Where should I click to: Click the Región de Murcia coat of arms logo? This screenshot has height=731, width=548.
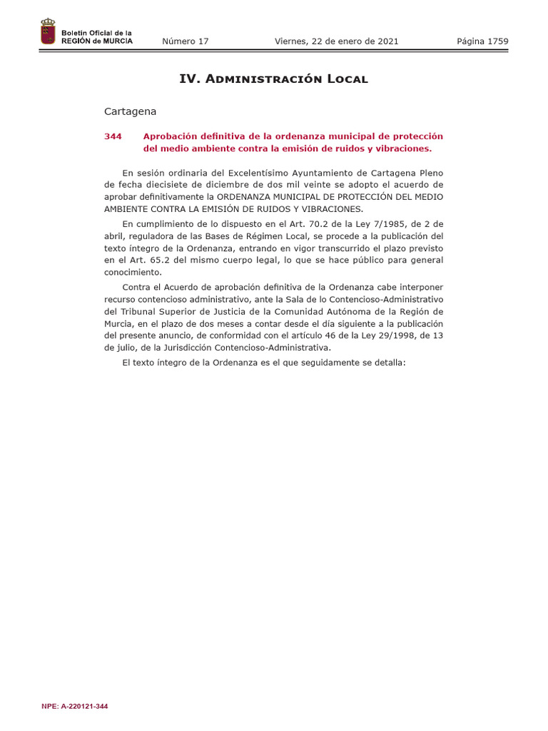(x=48, y=32)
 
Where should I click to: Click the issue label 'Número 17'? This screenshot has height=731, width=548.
(x=186, y=41)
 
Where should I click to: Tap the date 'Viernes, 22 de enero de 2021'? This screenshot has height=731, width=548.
(x=337, y=41)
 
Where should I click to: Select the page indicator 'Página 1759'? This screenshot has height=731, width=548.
(x=482, y=41)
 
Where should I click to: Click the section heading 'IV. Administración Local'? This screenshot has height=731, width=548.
(x=273, y=79)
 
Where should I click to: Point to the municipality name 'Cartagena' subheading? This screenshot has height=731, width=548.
(x=130, y=111)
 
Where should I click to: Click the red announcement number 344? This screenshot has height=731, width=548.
(x=113, y=136)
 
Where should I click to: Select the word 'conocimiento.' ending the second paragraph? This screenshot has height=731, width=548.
(x=133, y=272)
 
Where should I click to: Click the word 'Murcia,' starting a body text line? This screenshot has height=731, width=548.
(x=118, y=323)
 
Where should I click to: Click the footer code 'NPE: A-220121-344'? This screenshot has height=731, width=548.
(x=75, y=707)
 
